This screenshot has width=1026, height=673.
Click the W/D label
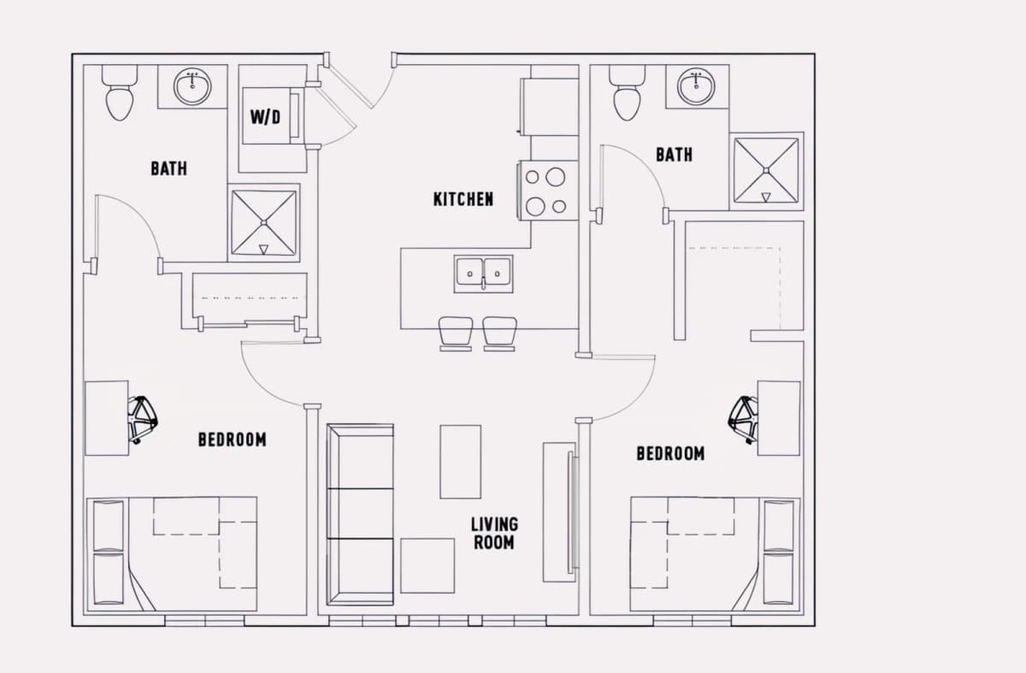(265, 117)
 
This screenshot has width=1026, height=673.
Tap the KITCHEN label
(463, 199)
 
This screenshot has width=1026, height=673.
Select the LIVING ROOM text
(494, 534)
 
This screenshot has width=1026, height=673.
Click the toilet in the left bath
(120, 93)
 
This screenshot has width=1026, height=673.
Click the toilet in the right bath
(627, 93)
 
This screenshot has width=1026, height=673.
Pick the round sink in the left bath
(192, 86)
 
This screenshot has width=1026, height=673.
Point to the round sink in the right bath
(696, 86)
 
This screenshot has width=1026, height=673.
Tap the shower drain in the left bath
(264, 222)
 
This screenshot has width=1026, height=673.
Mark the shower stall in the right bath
(766, 171)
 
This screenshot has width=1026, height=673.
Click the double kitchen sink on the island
(483, 274)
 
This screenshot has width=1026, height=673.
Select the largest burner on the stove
(555, 177)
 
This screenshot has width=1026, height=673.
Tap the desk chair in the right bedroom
(743, 420)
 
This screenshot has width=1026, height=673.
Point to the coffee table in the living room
(460, 461)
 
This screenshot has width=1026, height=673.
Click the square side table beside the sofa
(427, 566)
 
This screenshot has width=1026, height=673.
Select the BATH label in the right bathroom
(674, 155)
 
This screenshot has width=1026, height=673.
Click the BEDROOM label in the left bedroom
(233, 440)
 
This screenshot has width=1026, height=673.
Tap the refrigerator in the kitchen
(550, 107)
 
